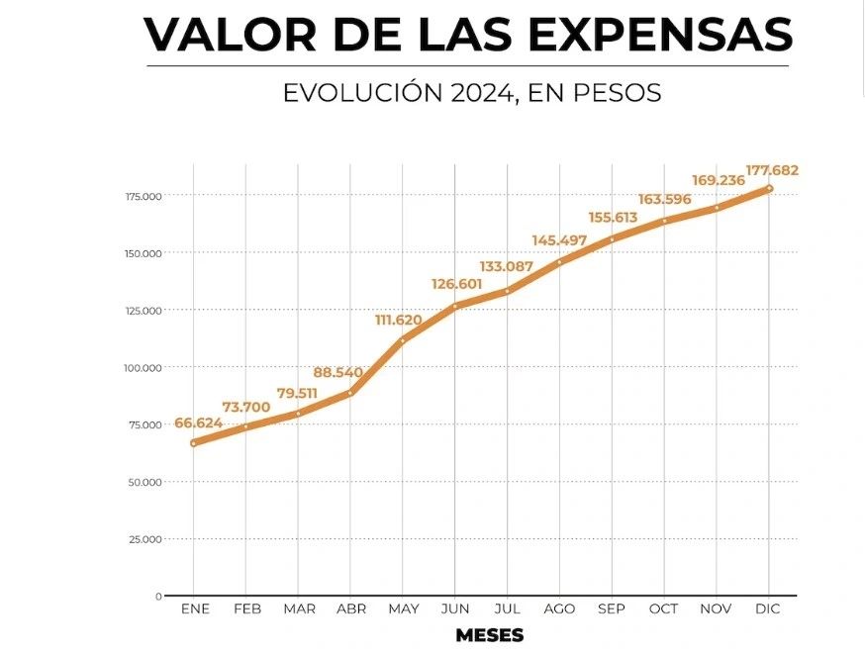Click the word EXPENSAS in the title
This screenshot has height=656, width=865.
660,35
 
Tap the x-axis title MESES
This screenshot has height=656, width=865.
490,634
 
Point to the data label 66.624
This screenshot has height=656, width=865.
199,423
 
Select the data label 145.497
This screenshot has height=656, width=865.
559,240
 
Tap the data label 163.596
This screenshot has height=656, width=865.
663,200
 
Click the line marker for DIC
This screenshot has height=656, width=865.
769,188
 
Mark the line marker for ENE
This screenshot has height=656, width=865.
194,443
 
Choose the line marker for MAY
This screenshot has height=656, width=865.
403,340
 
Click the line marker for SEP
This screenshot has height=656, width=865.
612,239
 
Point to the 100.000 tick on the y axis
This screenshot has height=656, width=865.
144,368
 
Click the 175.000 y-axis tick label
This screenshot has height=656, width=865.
144,196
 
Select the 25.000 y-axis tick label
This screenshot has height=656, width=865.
145,539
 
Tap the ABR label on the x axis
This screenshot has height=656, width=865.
351,609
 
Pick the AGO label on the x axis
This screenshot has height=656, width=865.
559,609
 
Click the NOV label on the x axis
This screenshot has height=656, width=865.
716,609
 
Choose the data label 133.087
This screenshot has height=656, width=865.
508,266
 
